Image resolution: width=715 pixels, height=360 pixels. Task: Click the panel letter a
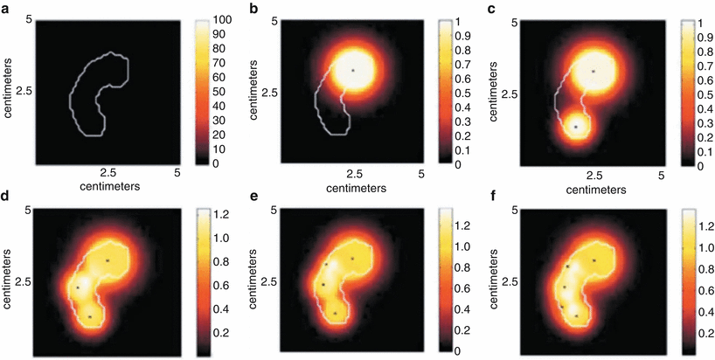[7, 8]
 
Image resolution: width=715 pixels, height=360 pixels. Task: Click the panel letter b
[253, 8]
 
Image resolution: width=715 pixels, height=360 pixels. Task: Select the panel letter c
[495, 8]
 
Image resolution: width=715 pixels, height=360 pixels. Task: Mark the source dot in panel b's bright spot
[352, 69]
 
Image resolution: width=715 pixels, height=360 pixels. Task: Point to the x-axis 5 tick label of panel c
[662, 174]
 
